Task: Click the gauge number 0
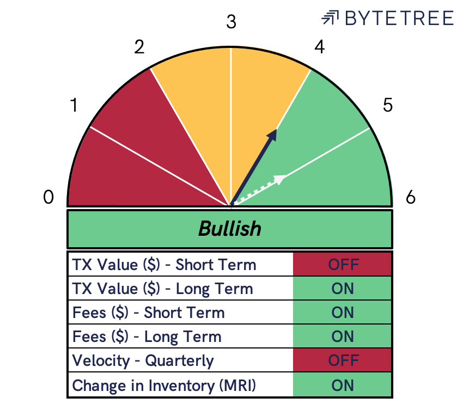48,197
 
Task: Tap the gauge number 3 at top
231,22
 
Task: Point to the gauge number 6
411,197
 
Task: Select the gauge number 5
388,105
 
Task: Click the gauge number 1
74,105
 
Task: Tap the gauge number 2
139,47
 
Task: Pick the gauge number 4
320,47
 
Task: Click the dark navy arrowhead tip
276,129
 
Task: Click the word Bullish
230,229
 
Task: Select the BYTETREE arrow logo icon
330,17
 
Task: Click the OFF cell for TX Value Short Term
342,264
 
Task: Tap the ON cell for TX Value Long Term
342,289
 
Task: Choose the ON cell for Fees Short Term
342,313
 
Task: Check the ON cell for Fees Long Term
342,337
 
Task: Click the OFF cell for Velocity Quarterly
342,360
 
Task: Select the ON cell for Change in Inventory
342,385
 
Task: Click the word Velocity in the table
101,361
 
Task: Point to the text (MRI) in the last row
237,386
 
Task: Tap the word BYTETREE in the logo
399,18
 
